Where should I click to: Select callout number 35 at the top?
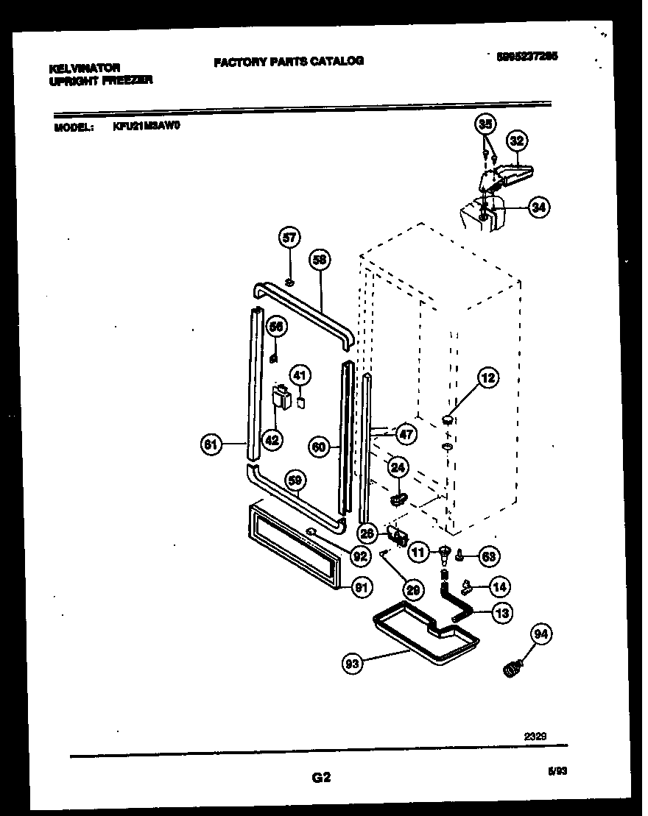pos(485,124)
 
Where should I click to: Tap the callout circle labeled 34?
pos(539,207)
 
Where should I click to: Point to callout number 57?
pos(290,237)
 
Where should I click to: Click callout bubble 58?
pos(319,259)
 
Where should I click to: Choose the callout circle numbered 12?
pos(487,378)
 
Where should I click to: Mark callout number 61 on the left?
pos(211,444)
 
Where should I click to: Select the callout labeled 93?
pos(353,664)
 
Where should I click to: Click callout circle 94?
pos(541,634)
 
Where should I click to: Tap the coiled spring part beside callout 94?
pos(510,669)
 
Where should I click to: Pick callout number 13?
pos(503,612)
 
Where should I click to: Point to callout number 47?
pos(406,434)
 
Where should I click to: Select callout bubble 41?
pos(299,376)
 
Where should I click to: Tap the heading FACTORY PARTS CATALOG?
pos(289,61)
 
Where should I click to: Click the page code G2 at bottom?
pos(322,777)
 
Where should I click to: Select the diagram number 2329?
pos(535,734)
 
